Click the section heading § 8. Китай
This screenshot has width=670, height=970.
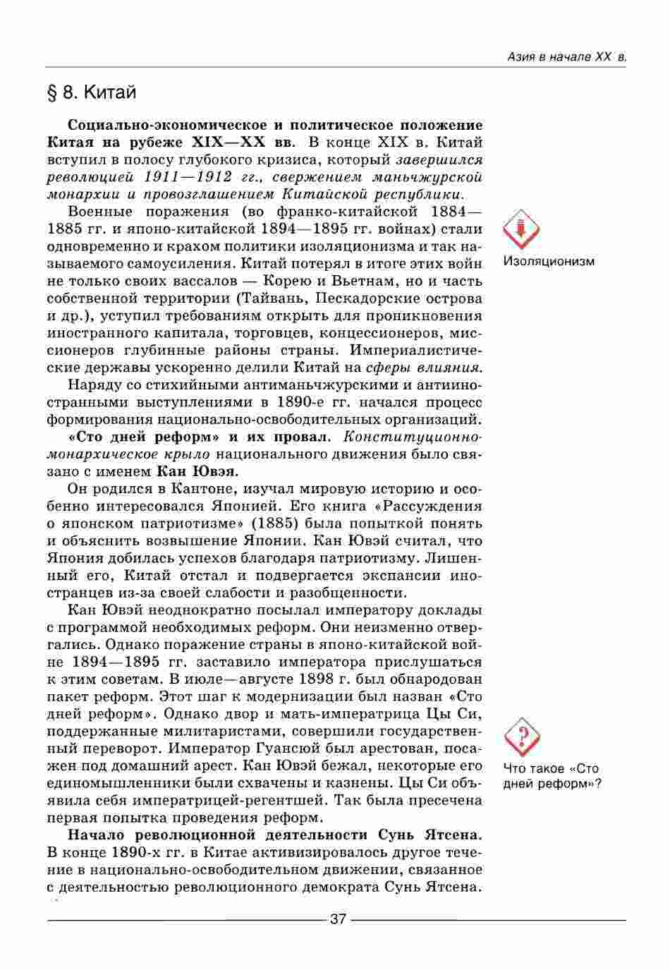[x=91, y=92]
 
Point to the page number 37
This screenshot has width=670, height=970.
[x=338, y=919]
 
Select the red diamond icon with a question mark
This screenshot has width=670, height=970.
[x=523, y=736]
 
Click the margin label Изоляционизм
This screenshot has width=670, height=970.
[x=549, y=262]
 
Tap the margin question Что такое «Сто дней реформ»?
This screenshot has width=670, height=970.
[x=552, y=776]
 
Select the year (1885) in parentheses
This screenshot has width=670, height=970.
[x=275, y=523]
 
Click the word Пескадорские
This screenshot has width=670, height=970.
[x=363, y=298]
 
